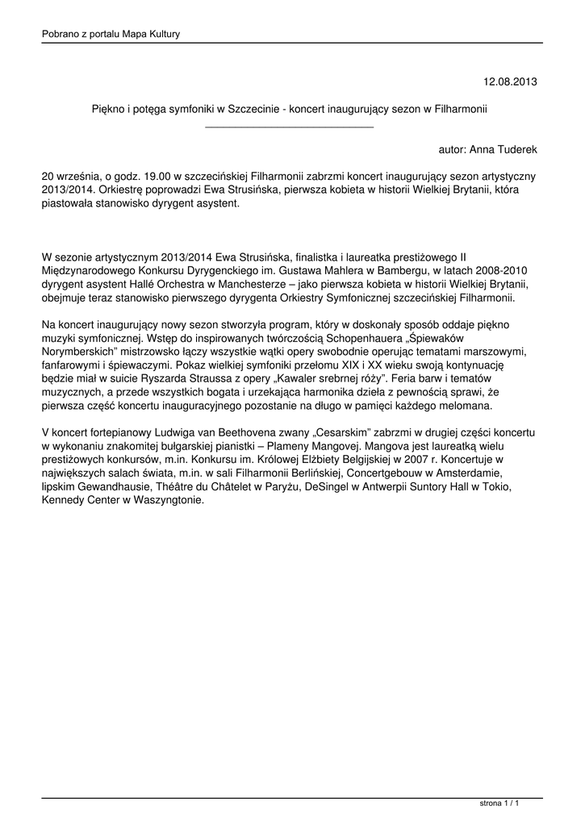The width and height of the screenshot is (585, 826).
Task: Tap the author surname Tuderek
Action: (x=516, y=150)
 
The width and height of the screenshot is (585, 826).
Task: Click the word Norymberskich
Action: (x=80, y=353)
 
